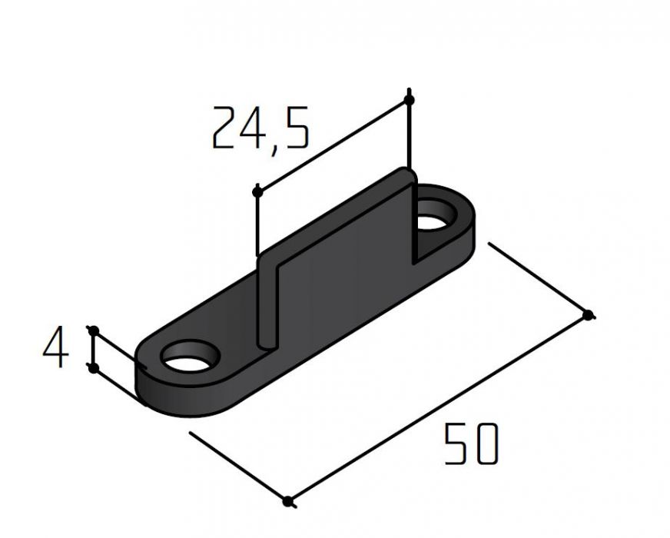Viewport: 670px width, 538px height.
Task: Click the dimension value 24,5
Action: click(260, 129)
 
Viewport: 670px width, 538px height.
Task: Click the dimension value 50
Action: click(471, 443)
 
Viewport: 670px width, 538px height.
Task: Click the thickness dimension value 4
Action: click(56, 347)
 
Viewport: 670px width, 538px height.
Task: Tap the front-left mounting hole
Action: click(189, 356)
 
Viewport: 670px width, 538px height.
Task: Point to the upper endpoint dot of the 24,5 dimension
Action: click(409, 100)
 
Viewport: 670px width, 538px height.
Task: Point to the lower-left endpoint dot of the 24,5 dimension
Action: click(257, 192)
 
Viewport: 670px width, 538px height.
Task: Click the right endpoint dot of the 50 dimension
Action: click(589, 315)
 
